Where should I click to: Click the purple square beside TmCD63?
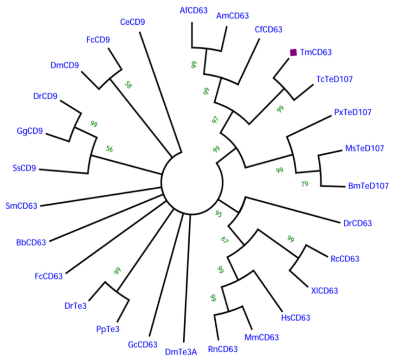pos(294,52)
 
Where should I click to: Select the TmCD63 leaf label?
pos(316,53)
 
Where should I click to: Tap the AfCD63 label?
pos(194,10)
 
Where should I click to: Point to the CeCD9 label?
pos(133,22)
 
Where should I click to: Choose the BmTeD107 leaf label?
pos(365,186)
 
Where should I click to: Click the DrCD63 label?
pos(358,223)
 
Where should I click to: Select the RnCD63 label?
pos(223,349)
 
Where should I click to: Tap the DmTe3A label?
pos(181,352)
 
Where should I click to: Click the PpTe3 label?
pos(108,329)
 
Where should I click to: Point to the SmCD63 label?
pos(22,205)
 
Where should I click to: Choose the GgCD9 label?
pos(30,131)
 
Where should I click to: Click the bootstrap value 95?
pos(218,214)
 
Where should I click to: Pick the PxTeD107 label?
pos(353,112)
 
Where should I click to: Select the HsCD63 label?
pos(295,318)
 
